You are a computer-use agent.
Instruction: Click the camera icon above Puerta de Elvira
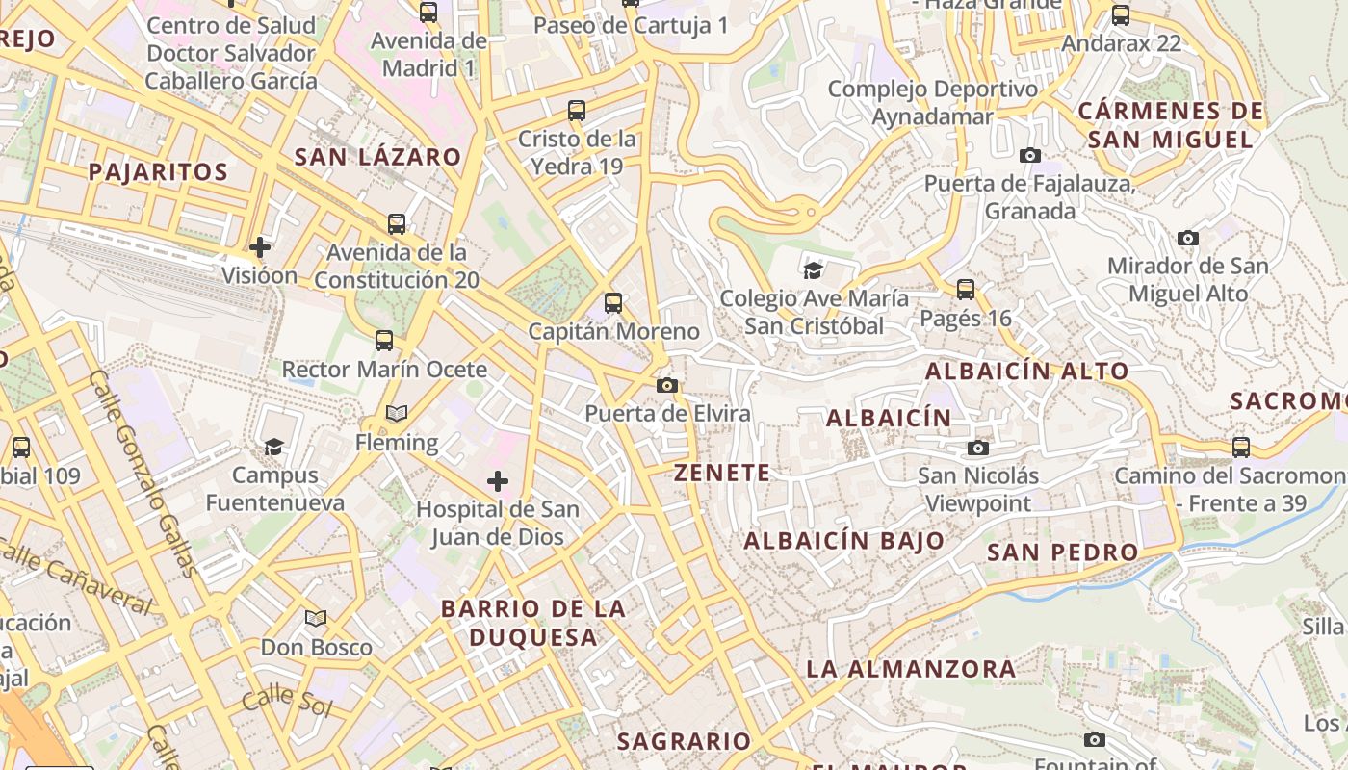(666, 386)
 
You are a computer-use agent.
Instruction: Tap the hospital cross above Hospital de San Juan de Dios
(498, 480)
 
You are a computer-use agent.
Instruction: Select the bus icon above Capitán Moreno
(613, 303)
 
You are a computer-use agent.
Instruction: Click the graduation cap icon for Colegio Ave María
(814, 270)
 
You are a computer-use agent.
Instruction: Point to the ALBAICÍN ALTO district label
(1027, 372)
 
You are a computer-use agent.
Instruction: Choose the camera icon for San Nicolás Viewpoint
(978, 448)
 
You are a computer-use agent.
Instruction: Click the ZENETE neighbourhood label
(722, 473)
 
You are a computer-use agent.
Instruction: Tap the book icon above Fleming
(397, 414)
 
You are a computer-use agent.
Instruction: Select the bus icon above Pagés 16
(966, 290)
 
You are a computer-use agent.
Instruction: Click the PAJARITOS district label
(158, 172)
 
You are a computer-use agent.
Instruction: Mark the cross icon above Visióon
(260, 247)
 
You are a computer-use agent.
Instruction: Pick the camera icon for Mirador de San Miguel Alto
(1188, 238)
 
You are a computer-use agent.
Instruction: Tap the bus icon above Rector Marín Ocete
(384, 341)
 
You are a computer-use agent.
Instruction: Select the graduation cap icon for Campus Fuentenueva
(274, 447)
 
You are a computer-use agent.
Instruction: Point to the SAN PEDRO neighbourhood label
(1063, 552)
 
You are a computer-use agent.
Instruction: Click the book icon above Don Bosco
(316, 618)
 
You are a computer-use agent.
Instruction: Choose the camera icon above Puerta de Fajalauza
(1030, 155)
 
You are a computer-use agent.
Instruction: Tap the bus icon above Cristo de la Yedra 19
(577, 111)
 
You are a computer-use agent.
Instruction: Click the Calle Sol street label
(286, 702)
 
